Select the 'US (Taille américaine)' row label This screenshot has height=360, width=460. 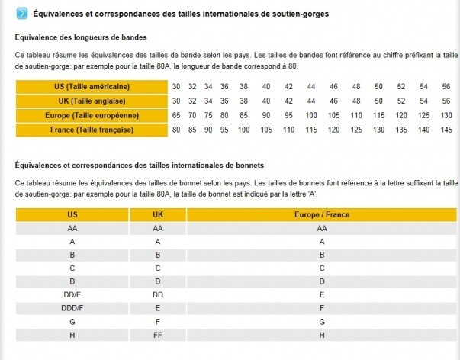91,87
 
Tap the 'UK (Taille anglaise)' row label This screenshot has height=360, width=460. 91,101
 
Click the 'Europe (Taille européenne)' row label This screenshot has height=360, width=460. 91,115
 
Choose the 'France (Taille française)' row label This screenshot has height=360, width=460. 91,130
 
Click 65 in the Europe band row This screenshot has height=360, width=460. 176,115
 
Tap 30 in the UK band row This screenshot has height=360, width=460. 176,101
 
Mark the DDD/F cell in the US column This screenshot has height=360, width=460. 72,307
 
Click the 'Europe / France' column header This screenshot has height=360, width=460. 322,215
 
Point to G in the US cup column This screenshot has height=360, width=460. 72,321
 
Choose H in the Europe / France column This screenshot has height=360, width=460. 322,334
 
